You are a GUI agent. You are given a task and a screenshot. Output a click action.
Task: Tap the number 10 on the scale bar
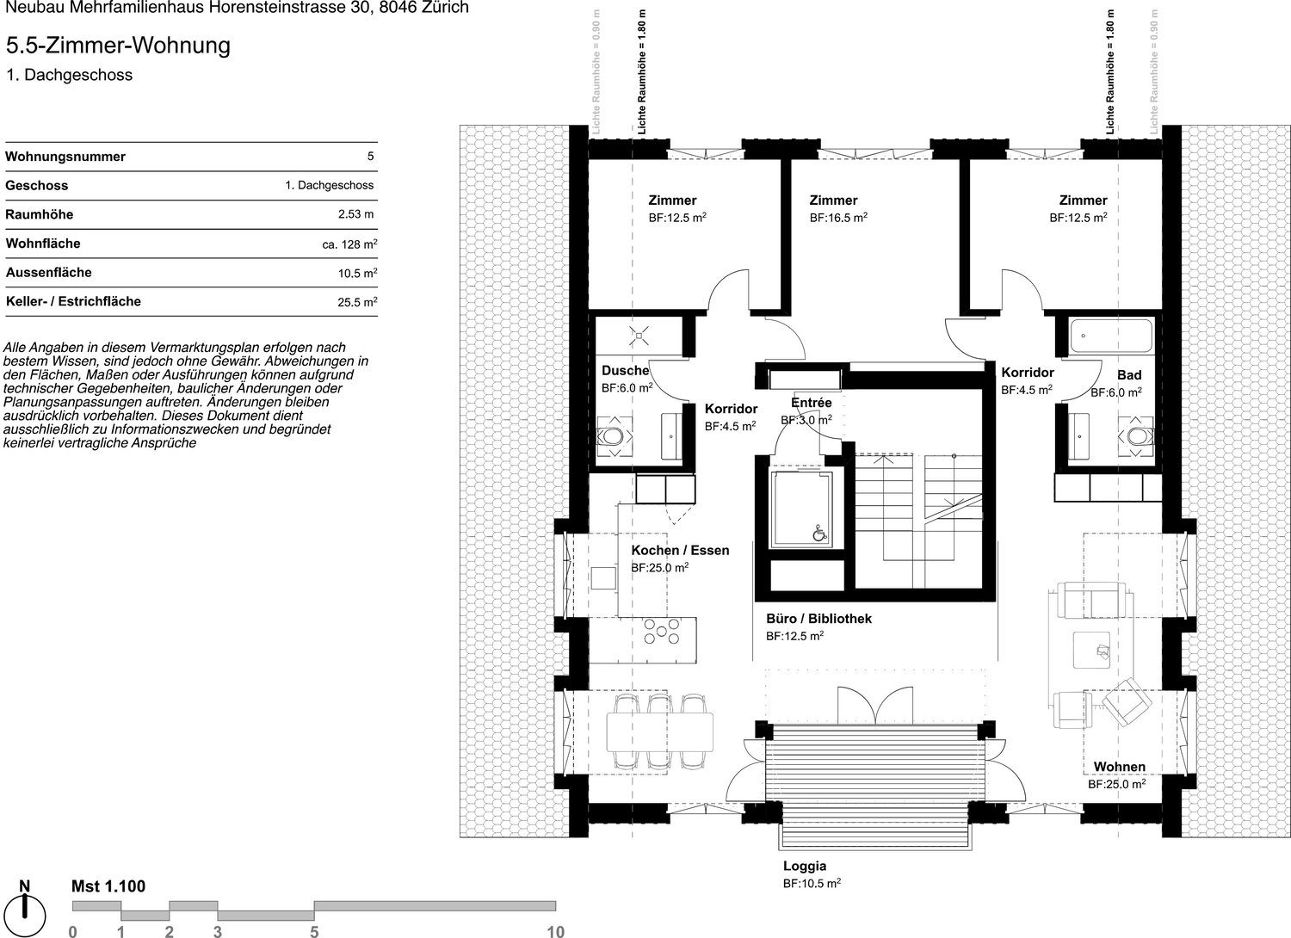point(555,931)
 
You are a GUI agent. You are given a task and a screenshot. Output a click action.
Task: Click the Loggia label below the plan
point(805,866)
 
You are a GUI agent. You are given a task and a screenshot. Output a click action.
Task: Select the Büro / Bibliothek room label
point(818,619)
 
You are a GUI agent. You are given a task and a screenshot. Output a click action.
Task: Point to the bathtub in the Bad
point(1111,336)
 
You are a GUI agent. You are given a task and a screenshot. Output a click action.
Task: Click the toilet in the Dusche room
point(615,437)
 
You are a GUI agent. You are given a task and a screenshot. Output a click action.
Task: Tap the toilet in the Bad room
point(1136,437)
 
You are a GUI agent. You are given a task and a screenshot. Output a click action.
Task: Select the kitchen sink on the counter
point(602,578)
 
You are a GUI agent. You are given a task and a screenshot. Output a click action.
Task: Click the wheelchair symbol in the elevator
point(819,534)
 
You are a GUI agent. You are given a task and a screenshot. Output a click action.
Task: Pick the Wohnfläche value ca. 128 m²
point(349,244)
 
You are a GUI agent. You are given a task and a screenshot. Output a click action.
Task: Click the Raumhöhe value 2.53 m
point(355,214)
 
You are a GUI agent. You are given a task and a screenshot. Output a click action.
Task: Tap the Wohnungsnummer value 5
point(371,156)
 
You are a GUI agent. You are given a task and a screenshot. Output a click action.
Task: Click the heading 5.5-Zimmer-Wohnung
point(118,46)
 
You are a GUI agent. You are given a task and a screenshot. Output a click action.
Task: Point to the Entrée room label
point(811,403)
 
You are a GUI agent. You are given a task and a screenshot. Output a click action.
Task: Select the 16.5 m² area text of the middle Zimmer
point(838,218)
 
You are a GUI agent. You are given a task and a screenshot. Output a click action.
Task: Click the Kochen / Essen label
point(680,550)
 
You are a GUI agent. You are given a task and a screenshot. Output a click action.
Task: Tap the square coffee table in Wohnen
point(1091,650)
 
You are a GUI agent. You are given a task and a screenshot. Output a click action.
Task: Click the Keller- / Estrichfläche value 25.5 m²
point(357,301)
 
